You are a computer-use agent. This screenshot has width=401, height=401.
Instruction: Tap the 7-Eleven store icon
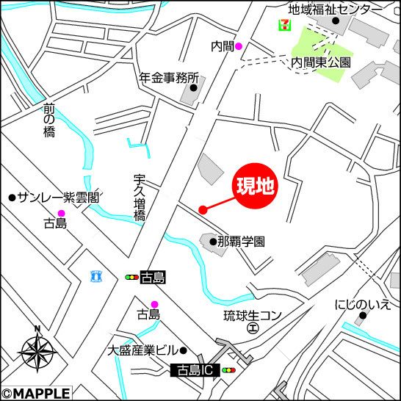[283, 26]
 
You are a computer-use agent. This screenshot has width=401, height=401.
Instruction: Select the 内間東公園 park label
[321, 62]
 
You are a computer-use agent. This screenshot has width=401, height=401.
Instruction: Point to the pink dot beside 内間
[238, 46]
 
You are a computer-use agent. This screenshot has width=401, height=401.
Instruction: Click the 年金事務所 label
[169, 77]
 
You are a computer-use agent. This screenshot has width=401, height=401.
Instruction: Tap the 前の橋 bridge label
[49, 120]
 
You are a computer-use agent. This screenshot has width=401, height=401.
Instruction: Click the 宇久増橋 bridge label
[140, 198]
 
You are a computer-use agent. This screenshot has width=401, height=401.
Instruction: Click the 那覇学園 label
[242, 241]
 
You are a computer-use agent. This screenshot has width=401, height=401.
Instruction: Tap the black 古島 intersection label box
[153, 277]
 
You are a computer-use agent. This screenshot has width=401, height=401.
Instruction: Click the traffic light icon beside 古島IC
[229, 372]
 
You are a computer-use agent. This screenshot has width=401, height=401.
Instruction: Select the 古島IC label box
[195, 372]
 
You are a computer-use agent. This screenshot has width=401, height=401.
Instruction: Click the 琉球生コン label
[253, 316]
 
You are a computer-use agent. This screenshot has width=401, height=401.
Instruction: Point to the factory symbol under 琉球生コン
[252, 329]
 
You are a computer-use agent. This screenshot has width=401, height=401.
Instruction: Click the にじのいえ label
[362, 304]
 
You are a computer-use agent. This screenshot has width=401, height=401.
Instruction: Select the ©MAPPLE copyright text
[36, 394]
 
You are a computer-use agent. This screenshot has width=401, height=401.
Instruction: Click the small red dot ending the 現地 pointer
[203, 210]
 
